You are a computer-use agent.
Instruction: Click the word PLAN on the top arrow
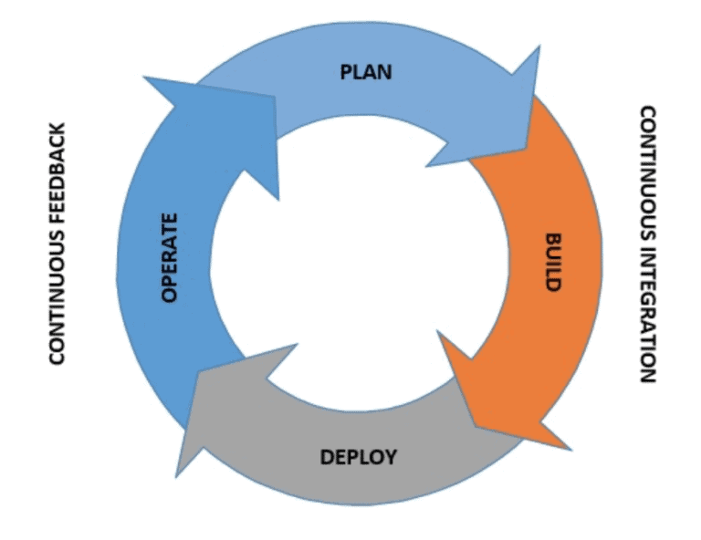366,72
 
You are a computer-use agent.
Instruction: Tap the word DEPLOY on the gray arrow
359,456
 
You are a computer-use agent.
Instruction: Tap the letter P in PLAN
346,72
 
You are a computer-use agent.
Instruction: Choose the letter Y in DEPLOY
391,456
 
